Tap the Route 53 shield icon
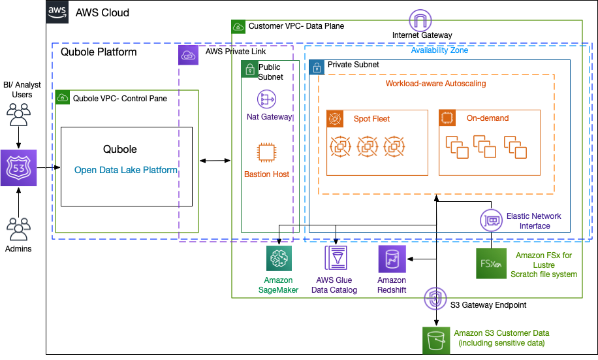coord(19,168)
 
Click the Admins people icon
coord(19,229)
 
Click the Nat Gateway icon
coord(267,100)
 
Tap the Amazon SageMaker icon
coord(279,259)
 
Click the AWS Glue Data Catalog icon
coord(336,259)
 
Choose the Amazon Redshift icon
coord(392,259)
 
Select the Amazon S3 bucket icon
coord(435,339)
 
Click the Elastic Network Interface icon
coord(491,221)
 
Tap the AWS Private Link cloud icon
coord(189,55)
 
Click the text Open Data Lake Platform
coord(126,170)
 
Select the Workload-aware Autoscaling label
coord(435,84)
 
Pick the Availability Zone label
coord(439,50)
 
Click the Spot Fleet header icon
coord(336,119)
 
